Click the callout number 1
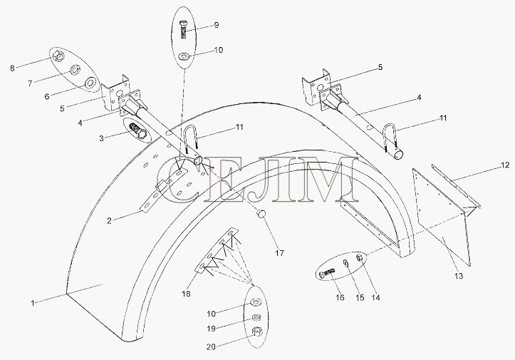33,303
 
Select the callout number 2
110,220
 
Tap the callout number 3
101,138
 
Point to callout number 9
216,25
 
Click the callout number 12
505,165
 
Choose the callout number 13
459,276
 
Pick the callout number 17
280,253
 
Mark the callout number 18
186,294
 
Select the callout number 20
211,346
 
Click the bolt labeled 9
184,29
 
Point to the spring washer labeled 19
256,318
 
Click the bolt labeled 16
326,272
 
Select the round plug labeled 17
261,213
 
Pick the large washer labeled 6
90,83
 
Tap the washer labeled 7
76,69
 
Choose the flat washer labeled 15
346,263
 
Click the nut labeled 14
360,257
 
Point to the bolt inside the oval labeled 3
135,130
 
